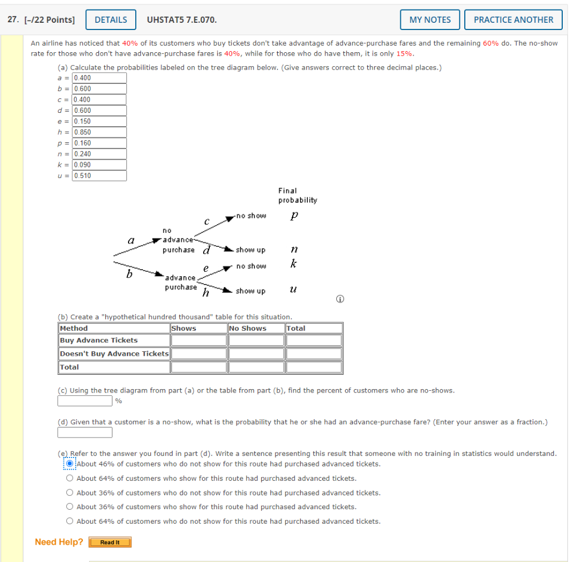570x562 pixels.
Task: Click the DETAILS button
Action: click(x=111, y=19)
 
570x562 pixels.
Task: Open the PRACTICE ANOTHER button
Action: click(x=513, y=19)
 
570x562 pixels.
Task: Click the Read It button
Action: click(x=110, y=542)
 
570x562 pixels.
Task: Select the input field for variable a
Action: click(x=99, y=78)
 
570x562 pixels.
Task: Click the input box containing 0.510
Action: click(x=99, y=176)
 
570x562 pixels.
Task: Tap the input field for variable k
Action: click(x=99, y=165)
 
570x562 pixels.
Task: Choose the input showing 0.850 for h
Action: click(x=99, y=132)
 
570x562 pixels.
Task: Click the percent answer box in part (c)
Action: click(x=85, y=400)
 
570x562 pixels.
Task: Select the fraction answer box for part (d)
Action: click(x=85, y=432)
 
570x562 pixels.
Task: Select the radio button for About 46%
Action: click(x=70, y=464)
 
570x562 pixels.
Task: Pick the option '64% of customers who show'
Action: click(x=70, y=478)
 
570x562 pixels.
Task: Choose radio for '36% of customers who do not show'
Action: click(x=70, y=493)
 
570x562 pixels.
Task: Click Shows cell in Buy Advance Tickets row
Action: click(x=199, y=340)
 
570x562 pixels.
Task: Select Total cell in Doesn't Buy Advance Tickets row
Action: click(x=313, y=354)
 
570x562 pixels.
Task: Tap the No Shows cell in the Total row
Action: click(x=256, y=367)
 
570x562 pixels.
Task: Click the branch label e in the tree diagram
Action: click(x=205, y=268)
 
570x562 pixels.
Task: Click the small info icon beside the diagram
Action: click(x=339, y=300)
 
